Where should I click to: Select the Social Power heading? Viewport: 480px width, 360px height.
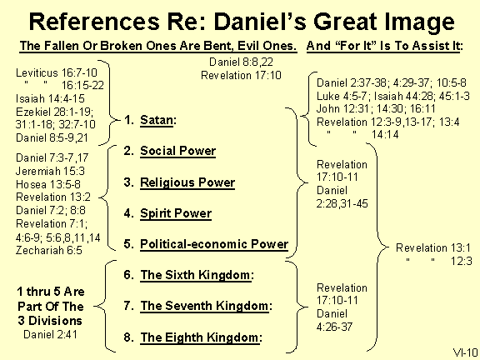[x=177, y=152]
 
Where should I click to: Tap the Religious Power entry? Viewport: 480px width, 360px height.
[x=187, y=182]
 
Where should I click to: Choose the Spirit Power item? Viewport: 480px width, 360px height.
[x=175, y=213]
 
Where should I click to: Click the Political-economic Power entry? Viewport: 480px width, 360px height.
[x=213, y=244]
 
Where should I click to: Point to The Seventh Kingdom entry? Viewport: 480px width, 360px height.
[x=206, y=306]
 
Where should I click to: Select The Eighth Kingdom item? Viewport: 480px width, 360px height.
[x=201, y=337]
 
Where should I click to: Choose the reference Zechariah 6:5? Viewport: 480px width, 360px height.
[x=48, y=249]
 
